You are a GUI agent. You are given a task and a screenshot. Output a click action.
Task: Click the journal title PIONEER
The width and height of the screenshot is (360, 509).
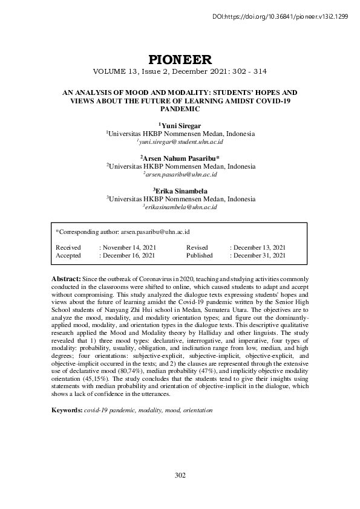click(180, 59)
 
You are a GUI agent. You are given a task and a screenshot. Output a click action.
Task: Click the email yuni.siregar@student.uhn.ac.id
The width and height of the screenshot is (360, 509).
click(181, 141)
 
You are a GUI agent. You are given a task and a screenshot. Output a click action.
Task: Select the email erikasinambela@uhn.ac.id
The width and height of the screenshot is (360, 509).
click(181, 207)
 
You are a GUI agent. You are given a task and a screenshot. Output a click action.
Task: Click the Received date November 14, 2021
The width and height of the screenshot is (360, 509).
click(128, 248)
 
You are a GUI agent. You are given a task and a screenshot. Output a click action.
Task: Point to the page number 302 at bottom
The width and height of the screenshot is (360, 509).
click(180, 475)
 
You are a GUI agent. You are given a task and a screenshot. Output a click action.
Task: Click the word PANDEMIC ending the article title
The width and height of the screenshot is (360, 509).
click(180, 109)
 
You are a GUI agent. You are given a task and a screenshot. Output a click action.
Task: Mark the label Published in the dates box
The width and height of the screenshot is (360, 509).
click(199, 256)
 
